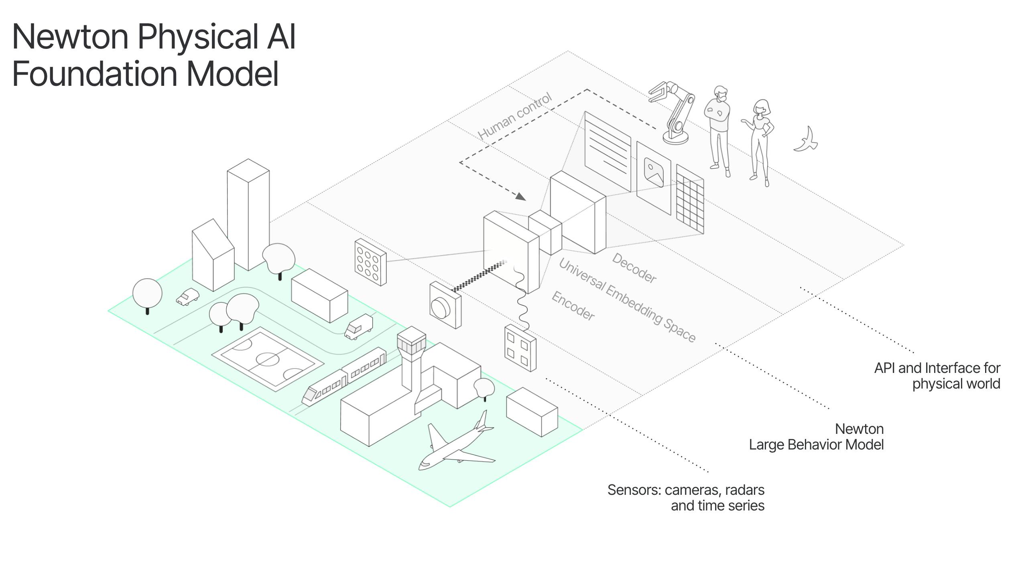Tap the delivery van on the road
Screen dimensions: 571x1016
coord(359,327)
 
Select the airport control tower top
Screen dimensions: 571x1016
coord(411,341)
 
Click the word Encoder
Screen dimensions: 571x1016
coord(573,306)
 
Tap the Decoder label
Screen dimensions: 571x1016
coord(634,268)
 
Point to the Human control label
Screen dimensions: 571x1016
coord(515,116)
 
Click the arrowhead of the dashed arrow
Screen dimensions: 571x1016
coord(521,196)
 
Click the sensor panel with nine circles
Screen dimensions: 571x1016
coord(370,262)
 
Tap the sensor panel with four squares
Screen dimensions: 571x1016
coord(520,348)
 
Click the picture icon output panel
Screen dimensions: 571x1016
coord(654,177)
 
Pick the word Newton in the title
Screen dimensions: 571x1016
coord(70,37)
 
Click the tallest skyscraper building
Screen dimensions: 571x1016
coord(248,215)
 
